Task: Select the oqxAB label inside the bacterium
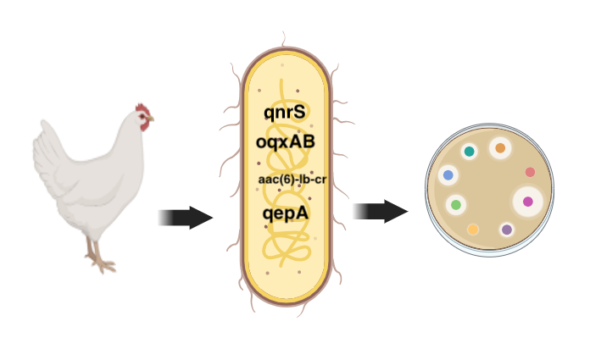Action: (285, 141)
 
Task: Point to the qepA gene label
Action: (285, 213)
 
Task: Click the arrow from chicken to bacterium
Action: (186, 218)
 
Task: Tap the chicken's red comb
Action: (144, 110)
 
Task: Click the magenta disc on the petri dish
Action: (528, 202)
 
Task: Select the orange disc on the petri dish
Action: (500, 148)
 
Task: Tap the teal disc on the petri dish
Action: (469, 152)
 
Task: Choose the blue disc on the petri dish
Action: (448, 175)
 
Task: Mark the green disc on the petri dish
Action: (456, 205)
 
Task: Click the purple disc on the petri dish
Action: (507, 230)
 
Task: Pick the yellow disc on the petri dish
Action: (473, 229)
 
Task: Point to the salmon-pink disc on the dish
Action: (530, 173)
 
